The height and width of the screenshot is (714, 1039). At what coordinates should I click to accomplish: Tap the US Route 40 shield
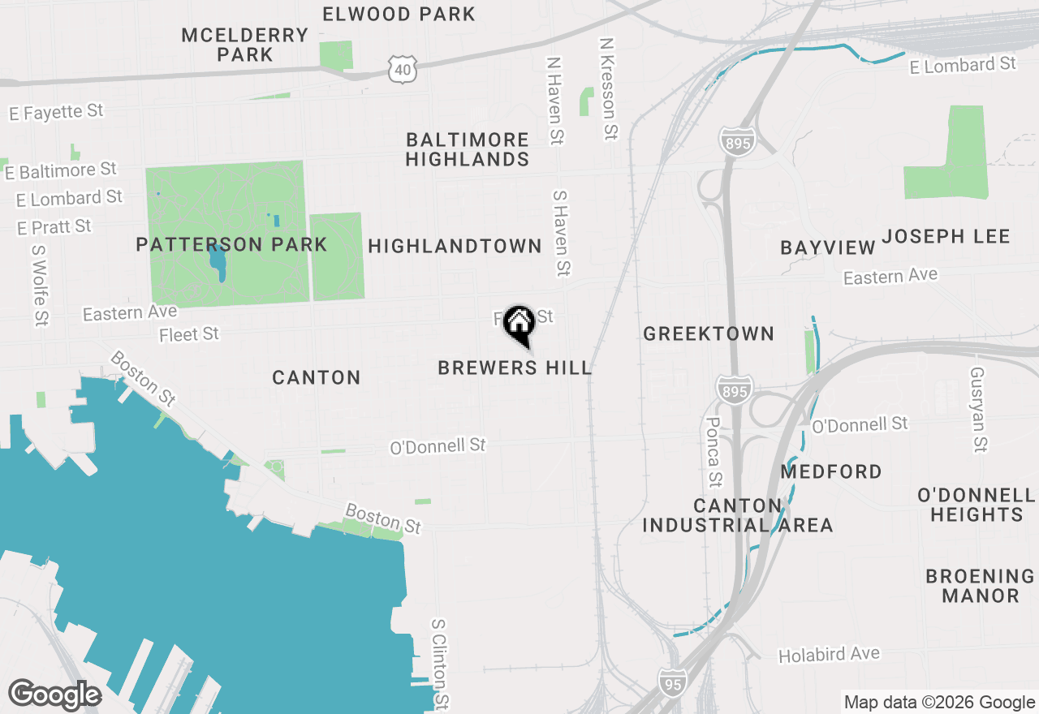pos(404,69)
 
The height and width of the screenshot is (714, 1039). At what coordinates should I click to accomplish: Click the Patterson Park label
pos(231,244)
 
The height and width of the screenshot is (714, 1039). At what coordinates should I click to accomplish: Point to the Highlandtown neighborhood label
pos(455,246)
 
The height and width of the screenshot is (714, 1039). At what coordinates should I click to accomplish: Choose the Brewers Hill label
pos(515,368)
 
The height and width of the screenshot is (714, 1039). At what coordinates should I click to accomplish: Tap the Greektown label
pos(709,333)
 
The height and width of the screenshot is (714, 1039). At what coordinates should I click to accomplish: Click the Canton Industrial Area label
pos(738,515)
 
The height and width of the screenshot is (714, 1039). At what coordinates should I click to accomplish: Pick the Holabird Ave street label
pos(829,655)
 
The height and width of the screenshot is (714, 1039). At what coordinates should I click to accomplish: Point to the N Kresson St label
pos(609,88)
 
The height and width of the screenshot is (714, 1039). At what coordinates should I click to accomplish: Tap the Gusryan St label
pos(978,408)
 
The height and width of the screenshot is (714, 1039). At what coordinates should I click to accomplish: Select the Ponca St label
pos(714,453)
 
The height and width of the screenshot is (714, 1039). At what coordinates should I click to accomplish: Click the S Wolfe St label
pos(39,286)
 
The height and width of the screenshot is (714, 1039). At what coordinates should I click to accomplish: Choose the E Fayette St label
pos(57,112)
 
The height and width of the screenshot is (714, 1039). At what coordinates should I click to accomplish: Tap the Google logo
pos(54,695)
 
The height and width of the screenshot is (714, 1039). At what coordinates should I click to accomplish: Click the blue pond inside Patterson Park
pos(217,261)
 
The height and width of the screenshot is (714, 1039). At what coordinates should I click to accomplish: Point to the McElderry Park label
pos(244,45)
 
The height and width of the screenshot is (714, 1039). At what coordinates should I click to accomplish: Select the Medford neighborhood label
pos(831,471)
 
